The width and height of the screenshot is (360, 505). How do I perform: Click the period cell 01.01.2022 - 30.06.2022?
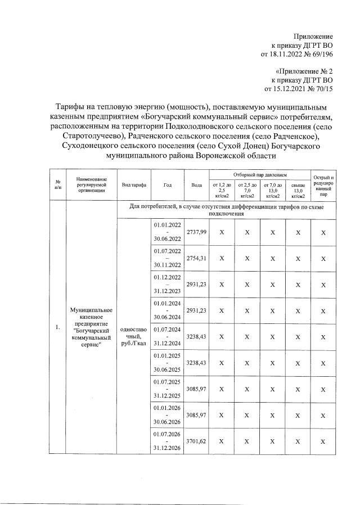168,232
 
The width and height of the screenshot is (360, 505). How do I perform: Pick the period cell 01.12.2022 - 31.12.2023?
168,284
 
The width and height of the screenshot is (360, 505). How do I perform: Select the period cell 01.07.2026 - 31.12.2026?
168,441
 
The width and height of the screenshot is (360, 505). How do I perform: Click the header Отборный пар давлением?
260,176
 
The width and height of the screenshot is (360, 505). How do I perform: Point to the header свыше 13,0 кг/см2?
298,190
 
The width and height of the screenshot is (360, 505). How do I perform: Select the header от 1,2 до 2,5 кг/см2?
221,190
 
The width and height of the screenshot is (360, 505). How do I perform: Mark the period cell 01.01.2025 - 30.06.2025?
168,363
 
